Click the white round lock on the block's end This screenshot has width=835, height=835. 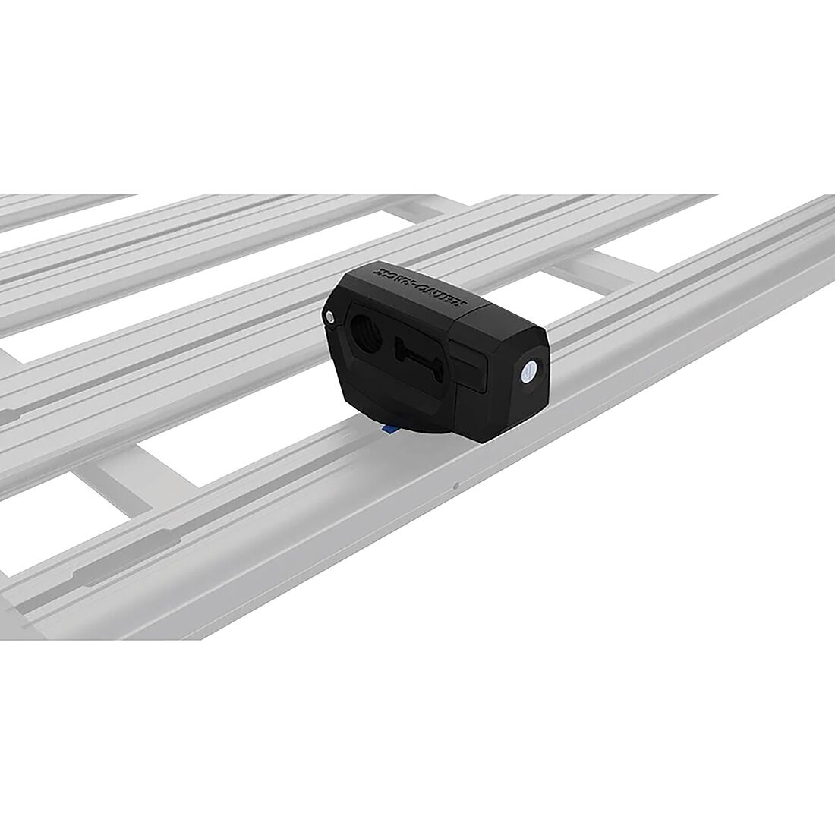pos(528,372)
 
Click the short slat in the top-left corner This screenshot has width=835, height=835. pos(61,209)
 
